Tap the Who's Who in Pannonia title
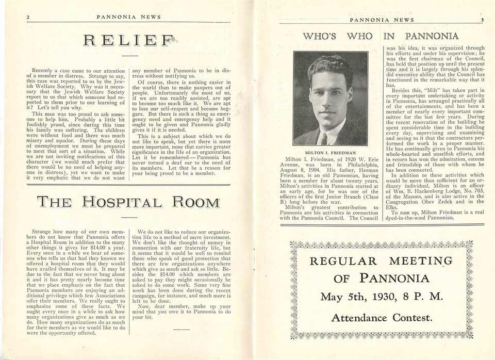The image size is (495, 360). point(380,36)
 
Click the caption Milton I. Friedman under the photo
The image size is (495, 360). point(331,153)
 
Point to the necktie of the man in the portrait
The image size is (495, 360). point(323,138)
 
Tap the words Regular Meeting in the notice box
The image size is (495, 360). point(381,261)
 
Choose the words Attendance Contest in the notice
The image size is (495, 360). point(381,318)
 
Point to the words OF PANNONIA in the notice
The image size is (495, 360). point(381,279)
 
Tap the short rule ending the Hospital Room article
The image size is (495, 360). point(181,328)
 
